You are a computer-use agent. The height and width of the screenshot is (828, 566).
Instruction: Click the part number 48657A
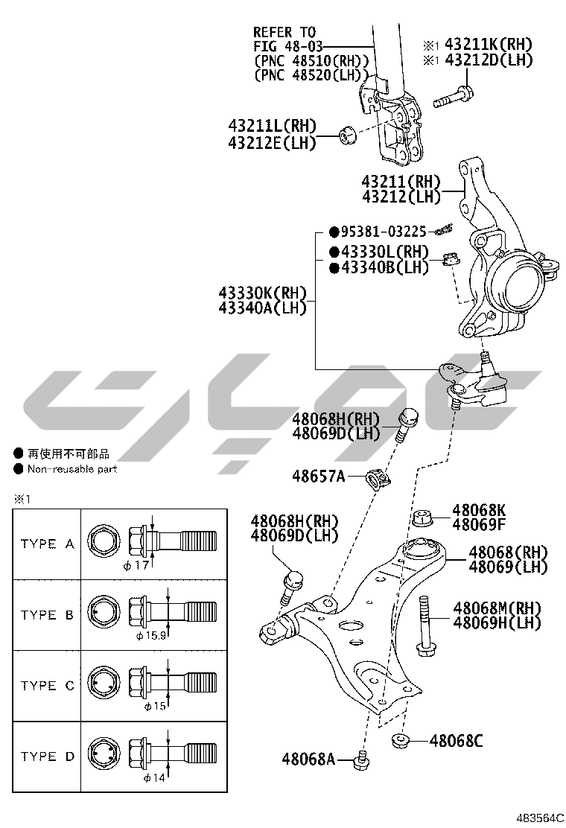[318, 475]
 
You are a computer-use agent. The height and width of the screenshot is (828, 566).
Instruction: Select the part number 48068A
[308, 759]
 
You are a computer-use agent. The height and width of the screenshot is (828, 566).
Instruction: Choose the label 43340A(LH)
[263, 308]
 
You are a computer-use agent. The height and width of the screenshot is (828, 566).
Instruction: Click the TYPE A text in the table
[47, 544]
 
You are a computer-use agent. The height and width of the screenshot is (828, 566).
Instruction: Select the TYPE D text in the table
[47, 757]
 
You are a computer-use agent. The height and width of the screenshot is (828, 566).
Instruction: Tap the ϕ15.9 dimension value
[150, 636]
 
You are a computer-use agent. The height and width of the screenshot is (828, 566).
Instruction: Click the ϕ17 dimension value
[144, 565]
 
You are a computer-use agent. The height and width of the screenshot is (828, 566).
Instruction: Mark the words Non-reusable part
[72, 469]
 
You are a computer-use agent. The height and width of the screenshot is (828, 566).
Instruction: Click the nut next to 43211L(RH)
[346, 135]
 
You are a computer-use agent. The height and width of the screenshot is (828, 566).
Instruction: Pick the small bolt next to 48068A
[363, 760]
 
